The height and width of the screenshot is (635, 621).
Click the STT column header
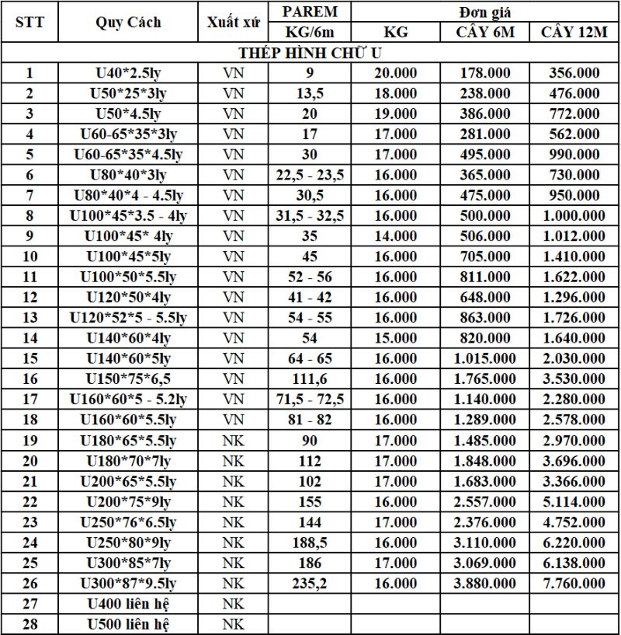click(x=30, y=22)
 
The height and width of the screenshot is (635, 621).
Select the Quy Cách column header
click(x=128, y=22)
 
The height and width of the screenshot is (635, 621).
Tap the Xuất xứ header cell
click(x=233, y=22)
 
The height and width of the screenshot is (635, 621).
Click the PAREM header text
click(x=310, y=12)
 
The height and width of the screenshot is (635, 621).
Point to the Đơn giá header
click(x=485, y=12)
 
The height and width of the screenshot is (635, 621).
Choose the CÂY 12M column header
click(x=574, y=32)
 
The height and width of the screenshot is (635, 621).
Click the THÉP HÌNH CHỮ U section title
click(x=310, y=53)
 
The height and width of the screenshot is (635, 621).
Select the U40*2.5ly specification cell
click(x=128, y=73)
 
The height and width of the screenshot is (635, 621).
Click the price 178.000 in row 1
click(x=485, y=73)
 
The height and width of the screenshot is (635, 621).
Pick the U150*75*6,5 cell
click(x=128, y=379)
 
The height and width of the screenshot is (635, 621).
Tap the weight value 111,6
click(x=310, y=379)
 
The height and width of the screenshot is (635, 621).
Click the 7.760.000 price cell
click(x=574, y=582)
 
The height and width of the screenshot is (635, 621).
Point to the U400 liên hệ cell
click(x=128, y=603)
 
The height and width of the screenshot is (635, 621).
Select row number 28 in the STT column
click(x=30, y=623)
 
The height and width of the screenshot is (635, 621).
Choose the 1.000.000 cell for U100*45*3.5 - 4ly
click(x=574, y=215)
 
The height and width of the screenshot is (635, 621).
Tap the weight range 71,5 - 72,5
click(x=310, y=399)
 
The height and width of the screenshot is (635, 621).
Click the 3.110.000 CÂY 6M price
click(x=485, y=542)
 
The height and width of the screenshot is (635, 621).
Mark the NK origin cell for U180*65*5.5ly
click(x=233, y=440)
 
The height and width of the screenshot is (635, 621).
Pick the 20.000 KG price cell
click(x=395, y=73)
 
